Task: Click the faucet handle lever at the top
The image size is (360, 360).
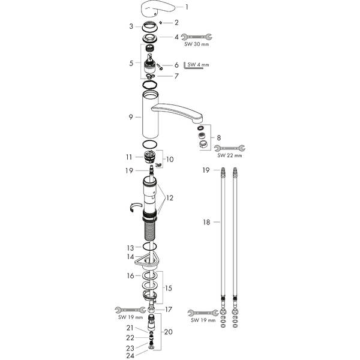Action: pos(157,10)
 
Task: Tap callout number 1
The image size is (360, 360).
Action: pos(187,7)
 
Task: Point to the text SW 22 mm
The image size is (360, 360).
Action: pos(229,155)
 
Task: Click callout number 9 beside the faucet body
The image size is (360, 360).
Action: pos(131,117)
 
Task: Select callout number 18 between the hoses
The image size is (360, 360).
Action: pos(207,221)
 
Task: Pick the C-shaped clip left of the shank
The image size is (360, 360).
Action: pos(135,208)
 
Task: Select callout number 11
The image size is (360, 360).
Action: pos(130,157)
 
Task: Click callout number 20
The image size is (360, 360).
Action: pos(168,332)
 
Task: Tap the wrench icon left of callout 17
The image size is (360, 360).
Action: pos(127,310)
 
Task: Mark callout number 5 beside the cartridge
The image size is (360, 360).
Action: pos(131,62)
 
